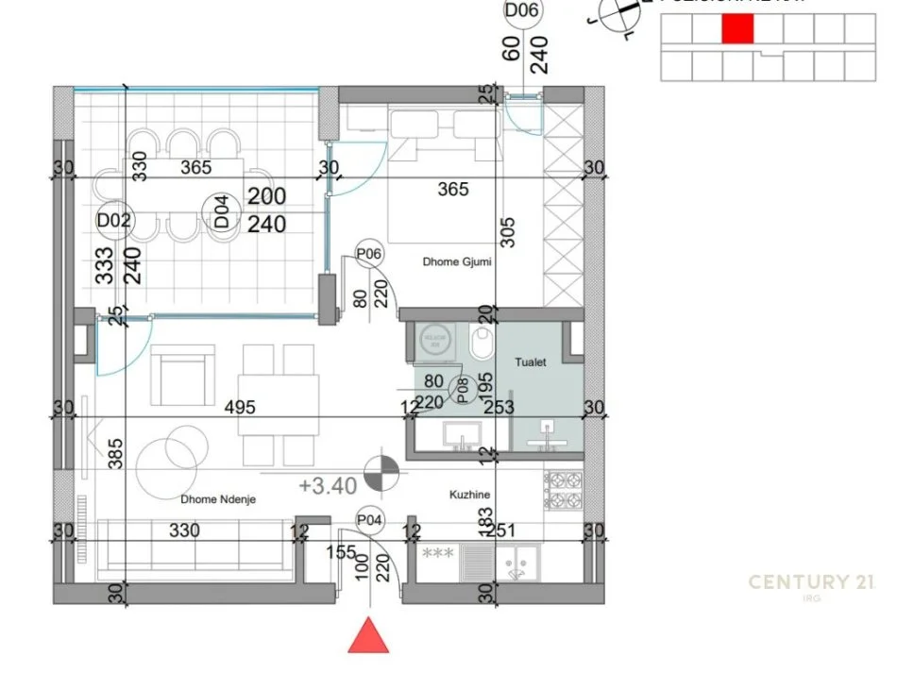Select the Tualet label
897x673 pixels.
pyautogui.click(x=531, y=362)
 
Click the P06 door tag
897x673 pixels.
pyautogui.click(x=368, y=253)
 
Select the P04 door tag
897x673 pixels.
pyautogui.click(x=369, y=518)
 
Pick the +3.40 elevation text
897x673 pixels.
pyautogui.click(x=327, y=487)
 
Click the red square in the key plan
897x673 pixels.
pyautogui.click(x=737, y=29)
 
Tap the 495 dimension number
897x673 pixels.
pyautogui.click(x=241, y=407)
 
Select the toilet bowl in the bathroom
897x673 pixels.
pyautogui.click(x=482, y=346)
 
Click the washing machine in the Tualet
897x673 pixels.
pyautogui.click(x=435, y=343)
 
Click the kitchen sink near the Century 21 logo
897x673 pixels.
pyautogui.click(x=516, y=565)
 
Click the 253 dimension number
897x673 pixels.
pyautogui.click(x=497, y=407)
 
